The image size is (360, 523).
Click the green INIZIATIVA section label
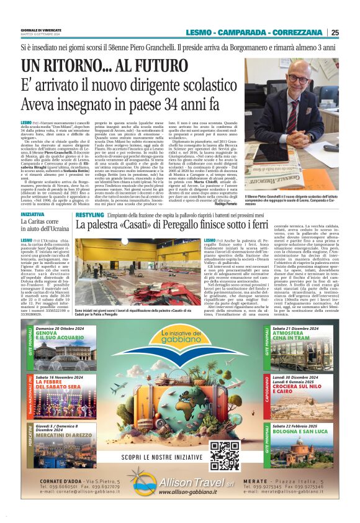(32, 215)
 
